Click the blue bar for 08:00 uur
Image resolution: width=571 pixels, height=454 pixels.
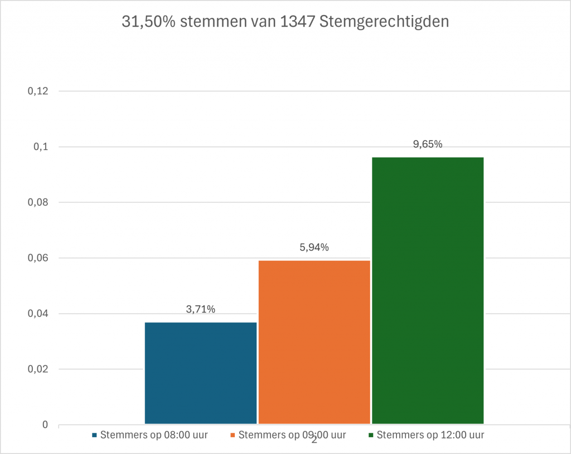pyautogui.click(x=201, y=373)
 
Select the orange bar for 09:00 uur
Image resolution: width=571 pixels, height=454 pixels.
pyautogui.click(x=314, y=342)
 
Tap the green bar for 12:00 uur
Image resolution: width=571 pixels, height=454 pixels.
pyautogui.click(x=428, y=290)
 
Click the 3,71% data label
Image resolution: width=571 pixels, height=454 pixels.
pyautogui.click(x=201, y=310)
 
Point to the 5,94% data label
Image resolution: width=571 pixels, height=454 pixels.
pyautogui.click(x=314, y=247)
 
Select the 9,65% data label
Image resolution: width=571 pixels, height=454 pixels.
pyautogui.click(x=428, y=144)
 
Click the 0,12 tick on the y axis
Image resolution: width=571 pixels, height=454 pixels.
pyautogui.click(x=38, y=91)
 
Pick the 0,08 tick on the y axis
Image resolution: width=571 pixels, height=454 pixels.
pyautogui.click(x=38, y=203)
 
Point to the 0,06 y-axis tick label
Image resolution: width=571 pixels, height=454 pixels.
pyautogui.click(x=38, y=258)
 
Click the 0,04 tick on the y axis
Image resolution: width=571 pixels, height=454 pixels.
pyautogui.click(x=38, y=314)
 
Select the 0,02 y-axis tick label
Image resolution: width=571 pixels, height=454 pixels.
pyautogui.click(x=38, y=369)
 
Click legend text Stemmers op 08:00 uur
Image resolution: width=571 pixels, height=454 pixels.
pyautogui.click(x=154, y=435)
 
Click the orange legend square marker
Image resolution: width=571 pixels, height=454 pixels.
pyautogui.click(x=233, y=435)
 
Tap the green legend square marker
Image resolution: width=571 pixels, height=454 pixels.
pyautogui.click(x=371, y=435)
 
